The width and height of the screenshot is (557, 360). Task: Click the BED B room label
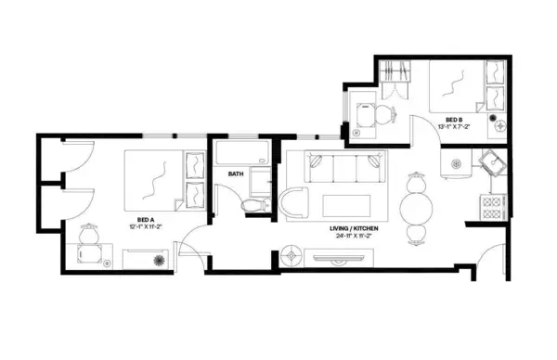454,120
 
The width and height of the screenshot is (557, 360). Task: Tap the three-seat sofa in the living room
346,172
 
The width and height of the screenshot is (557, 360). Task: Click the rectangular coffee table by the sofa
353,204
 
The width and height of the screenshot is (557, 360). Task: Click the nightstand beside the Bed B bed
499,122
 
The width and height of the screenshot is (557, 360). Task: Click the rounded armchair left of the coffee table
298,202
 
